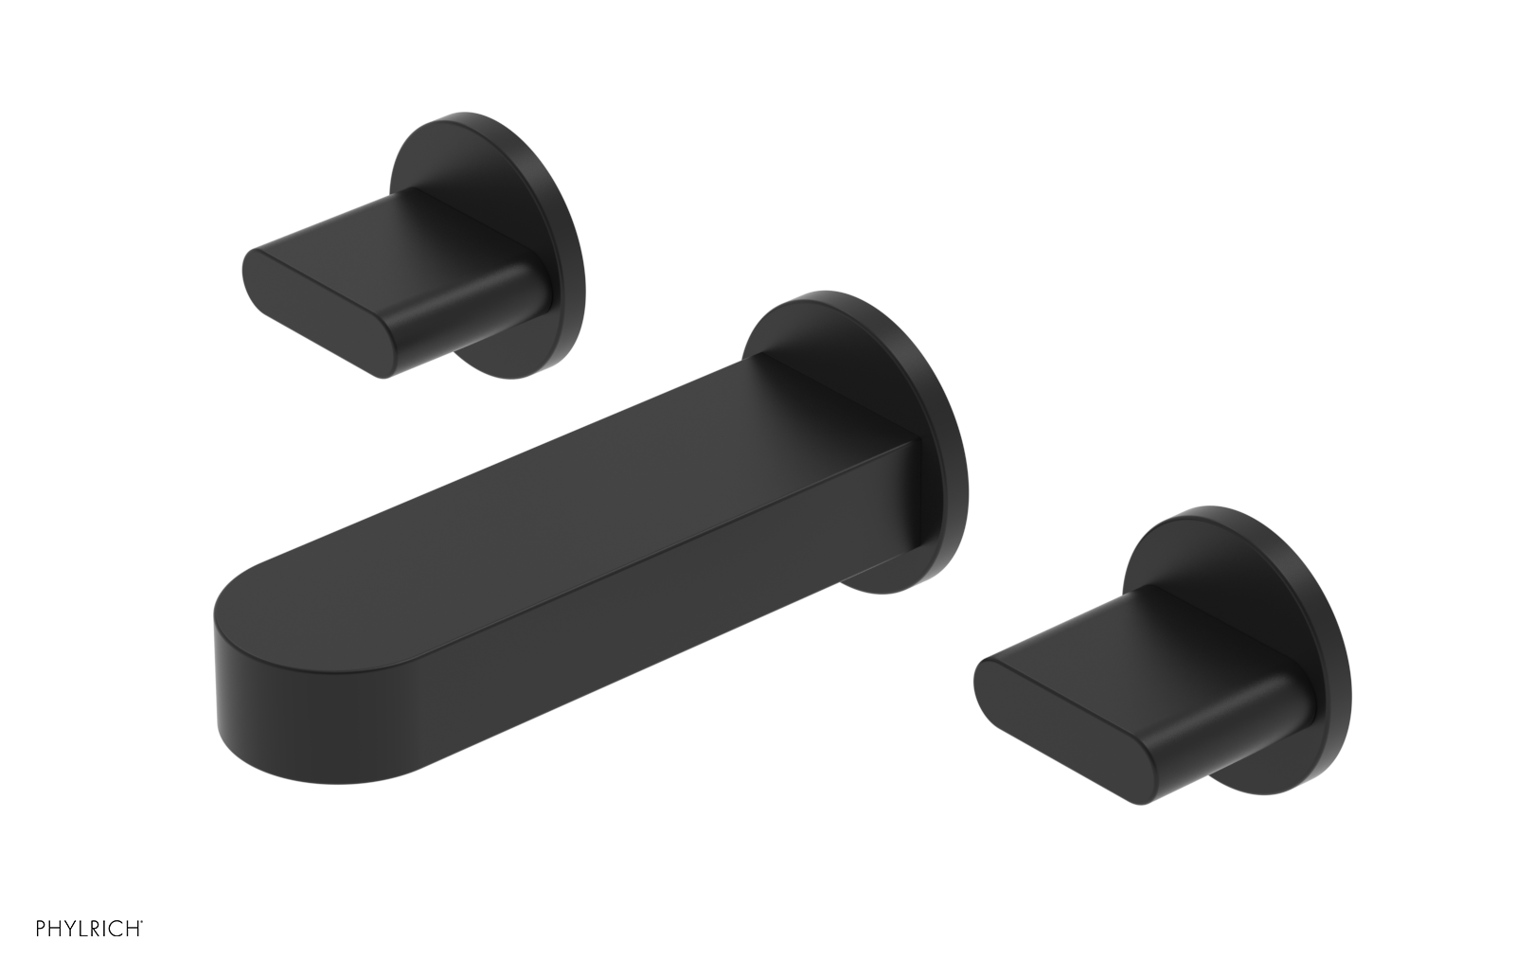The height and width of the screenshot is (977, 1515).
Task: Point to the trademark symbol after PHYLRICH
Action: pos(142,948)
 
